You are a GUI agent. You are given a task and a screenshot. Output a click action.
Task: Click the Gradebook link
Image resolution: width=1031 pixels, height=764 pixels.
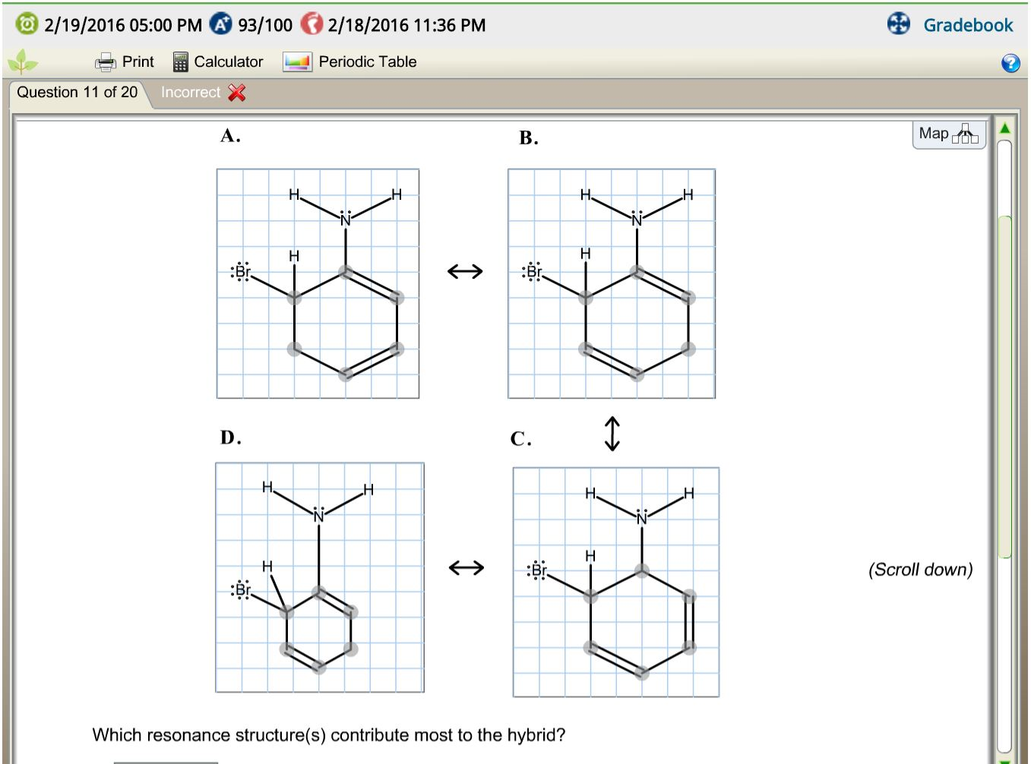pyautogui.click(x=967, y=25)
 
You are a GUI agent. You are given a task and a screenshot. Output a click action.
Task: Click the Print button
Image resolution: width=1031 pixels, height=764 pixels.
pyautogui.click(x=125, y=62)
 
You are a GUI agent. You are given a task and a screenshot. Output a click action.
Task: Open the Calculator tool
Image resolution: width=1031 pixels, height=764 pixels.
pyautogui.click(x=218, y=62)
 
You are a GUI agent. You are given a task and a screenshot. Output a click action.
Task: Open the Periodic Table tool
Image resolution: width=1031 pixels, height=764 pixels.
pyautogui.click(x=350, y=62)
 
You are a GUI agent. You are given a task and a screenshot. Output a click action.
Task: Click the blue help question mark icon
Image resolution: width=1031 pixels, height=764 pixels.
pyautogui.click(x=1010, y=63)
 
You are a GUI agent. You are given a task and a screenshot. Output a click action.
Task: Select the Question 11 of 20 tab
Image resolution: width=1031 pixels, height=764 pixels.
pyautogui.click(x=77, y=93)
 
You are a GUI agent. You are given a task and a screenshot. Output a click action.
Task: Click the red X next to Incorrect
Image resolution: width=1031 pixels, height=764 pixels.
pyautogui.click(x=237, y=93)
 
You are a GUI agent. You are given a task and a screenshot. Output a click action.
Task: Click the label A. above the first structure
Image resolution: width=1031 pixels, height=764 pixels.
pyautogui.click(x=230, y=136)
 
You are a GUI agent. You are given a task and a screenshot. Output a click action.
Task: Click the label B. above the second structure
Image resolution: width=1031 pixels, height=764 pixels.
pyautogui.click(x=529, y=138)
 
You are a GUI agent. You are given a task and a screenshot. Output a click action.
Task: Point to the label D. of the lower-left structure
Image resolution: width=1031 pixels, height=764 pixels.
pyautogui.click(x=230, y=437)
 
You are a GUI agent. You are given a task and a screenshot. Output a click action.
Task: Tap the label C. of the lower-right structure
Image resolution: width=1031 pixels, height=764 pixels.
pyautogui.click(x=520, y=439)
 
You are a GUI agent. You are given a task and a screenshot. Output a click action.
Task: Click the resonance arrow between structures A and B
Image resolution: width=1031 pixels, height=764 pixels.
pyautogui.click(x=465, y=271)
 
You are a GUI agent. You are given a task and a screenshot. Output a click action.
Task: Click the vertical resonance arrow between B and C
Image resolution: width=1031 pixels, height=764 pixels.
pyautogui.click(x=612, y=434)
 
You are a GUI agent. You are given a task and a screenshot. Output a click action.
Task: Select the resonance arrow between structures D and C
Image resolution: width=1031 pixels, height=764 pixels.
pyautogui.click(x=466, y=567)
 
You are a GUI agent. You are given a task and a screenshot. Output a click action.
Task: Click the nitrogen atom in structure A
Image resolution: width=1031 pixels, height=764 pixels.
pyautogui.click(x=346, y=219)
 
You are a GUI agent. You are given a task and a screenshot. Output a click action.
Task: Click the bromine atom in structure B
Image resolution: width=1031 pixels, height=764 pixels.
pyautogui.click(x=533, y=272)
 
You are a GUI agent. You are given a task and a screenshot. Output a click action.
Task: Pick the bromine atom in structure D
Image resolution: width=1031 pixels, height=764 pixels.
pyautogui.click(x=242, y=589)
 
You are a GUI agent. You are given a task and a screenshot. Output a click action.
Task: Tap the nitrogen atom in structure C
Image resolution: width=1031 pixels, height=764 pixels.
pyautogui.click(x=642, y=518)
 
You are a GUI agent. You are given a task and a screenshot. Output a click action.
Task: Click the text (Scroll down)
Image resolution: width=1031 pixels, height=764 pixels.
pyautogui.click(x=920, y=570)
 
